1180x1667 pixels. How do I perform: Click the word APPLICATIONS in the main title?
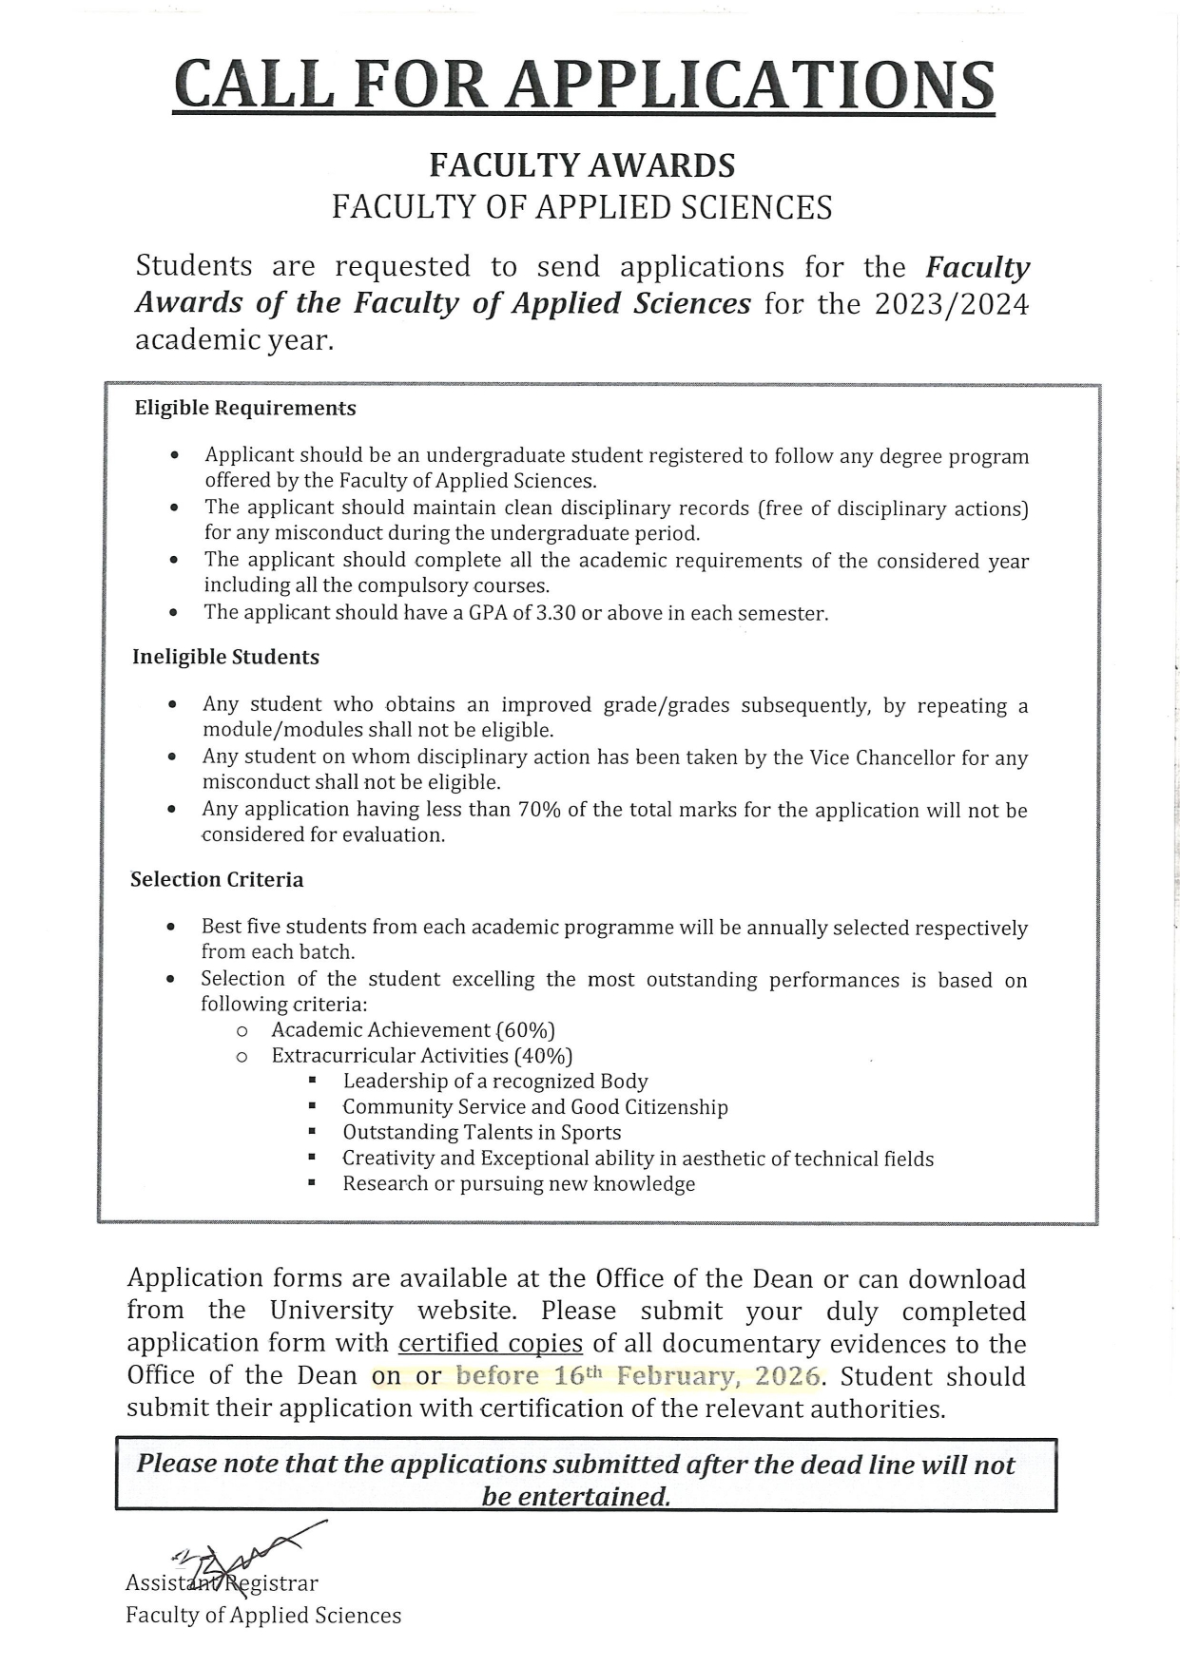pyautogui.click(x=748, y=85)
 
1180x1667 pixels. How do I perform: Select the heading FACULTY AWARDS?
pyautogui.click(x=582, y=166)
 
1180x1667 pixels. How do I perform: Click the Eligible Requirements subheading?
pyautogui.click(x=245, y=409)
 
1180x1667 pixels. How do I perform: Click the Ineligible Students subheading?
pyautogui.click(x=225, y=658)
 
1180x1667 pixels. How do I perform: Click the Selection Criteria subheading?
pyautogui.click(x=217, y=880)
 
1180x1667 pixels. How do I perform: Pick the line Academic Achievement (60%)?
pyautogui.click(x=413, y=1030)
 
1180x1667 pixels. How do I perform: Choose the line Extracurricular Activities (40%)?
pyautogui.click(x=421, y=1056)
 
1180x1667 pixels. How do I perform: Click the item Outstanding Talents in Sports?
pyautogui.click(x=481, y=1133)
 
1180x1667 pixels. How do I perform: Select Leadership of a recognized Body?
pyautogui.click(x=494, y=1082)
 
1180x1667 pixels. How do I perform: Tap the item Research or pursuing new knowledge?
pyautogui.click(x=518, y=1184)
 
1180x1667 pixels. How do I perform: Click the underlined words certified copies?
pyautogui.click(x=490, y=1344)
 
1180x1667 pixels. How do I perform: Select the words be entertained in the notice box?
pyautogui.click(x=575, y=1497)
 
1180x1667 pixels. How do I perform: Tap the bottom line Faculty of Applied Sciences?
pyautogui.click(x=263, y=1616)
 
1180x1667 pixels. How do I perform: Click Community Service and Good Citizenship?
pyautogui.click(x=534, y=1107)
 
